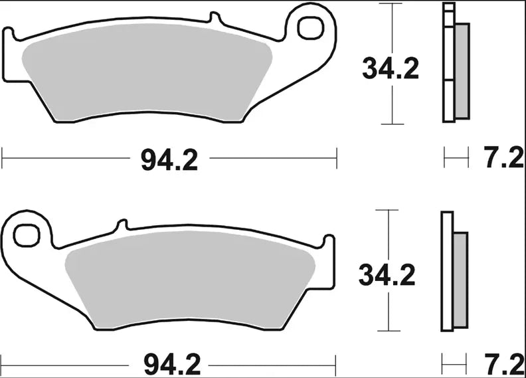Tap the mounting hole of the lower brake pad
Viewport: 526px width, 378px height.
coord(27,235)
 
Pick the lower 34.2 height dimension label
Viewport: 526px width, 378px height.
coord(387,274)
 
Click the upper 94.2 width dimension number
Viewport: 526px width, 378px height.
coord(169,160)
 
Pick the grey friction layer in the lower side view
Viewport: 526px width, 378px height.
coord(460,279)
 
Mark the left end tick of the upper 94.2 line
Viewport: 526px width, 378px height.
coord(3,159)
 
